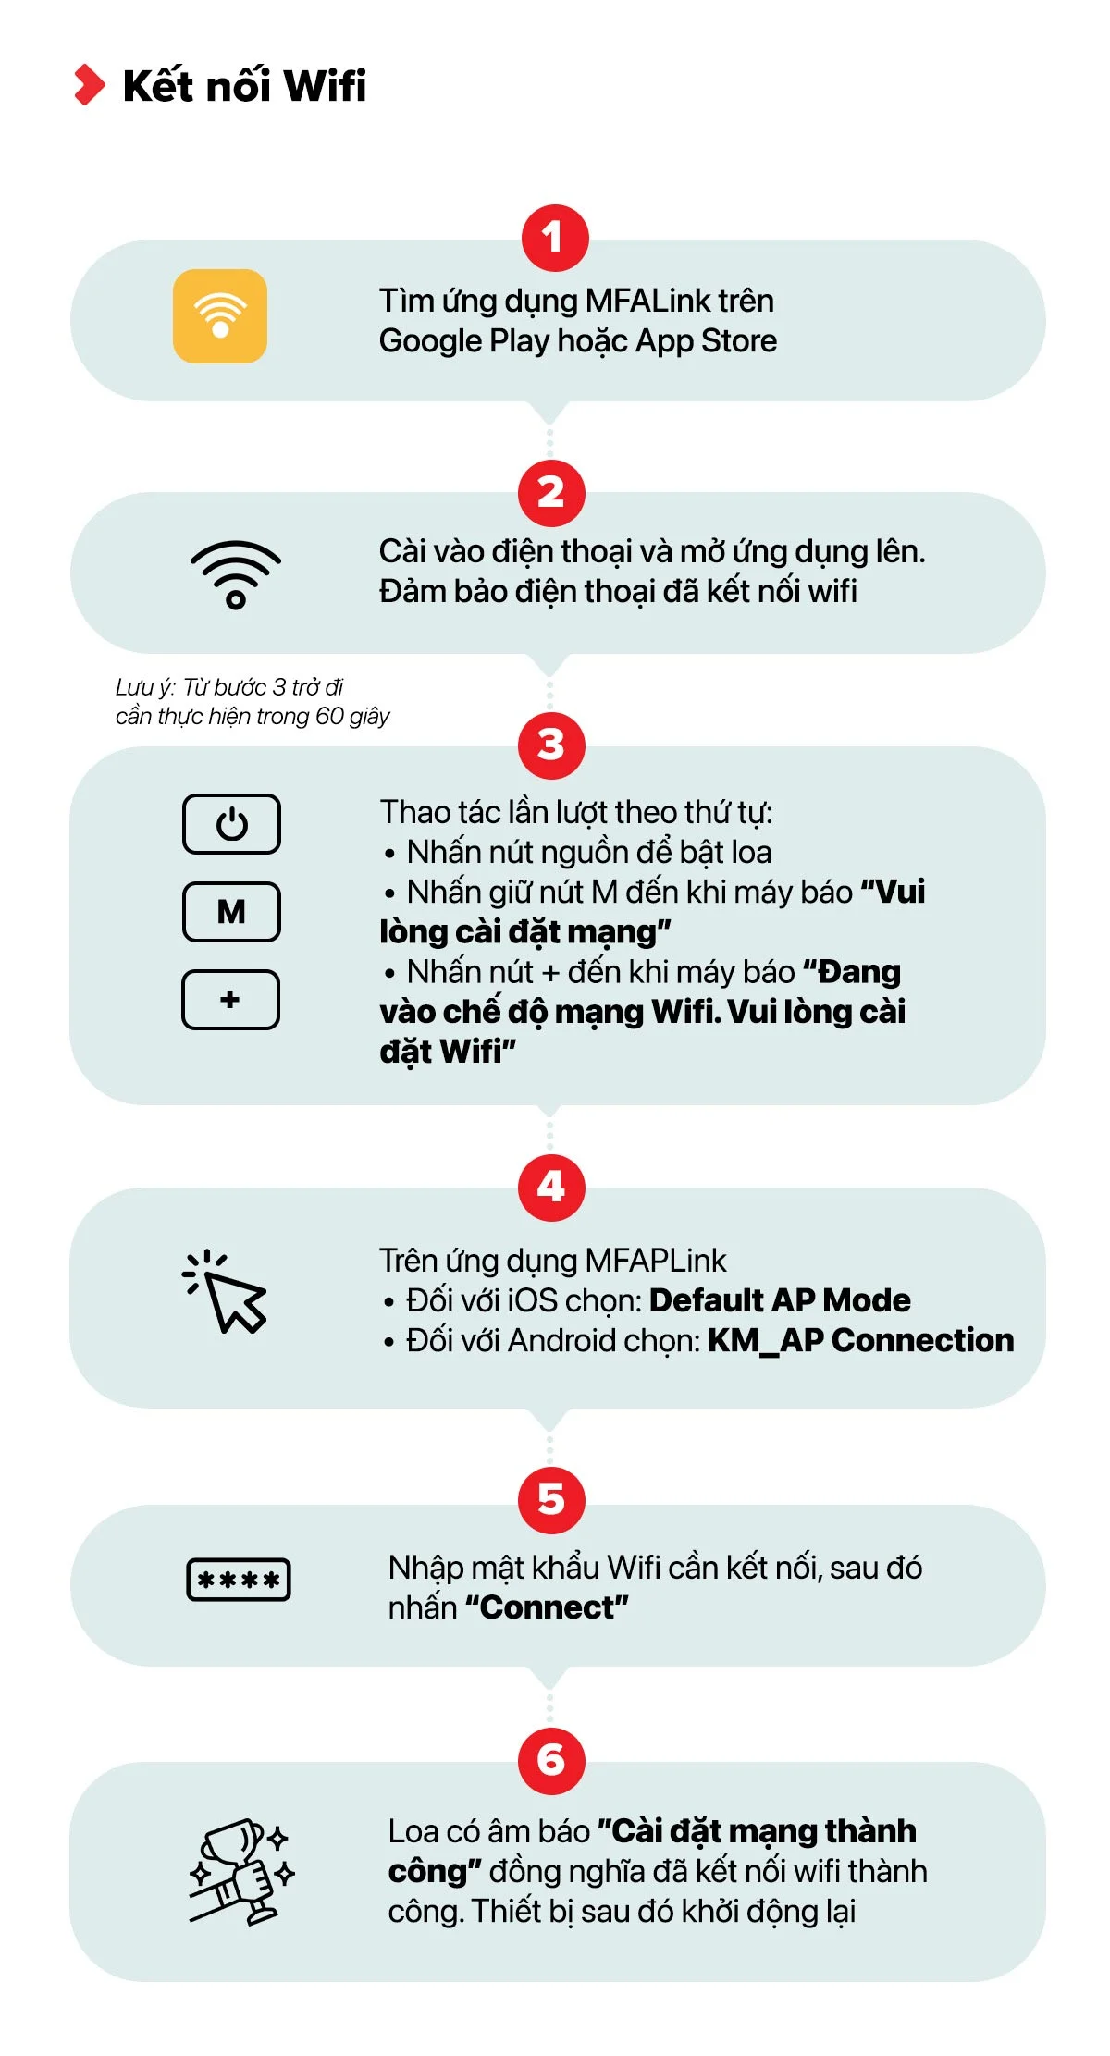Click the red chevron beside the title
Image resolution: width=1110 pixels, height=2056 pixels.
click(90, 85)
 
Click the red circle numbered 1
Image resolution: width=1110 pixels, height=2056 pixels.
click(555, 238)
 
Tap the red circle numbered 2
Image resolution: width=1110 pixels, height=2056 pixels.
click(551, 492)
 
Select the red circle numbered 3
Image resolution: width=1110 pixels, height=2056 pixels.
click(551, 745)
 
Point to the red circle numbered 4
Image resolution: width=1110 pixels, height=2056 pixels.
click(551, 1187)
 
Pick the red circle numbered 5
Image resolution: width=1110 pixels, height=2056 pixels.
click(551, 1499)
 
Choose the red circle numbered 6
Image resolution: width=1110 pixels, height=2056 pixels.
click(551, 1760)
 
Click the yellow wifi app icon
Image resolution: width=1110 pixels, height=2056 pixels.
click(220, 315)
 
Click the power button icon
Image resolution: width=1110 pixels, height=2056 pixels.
click(231, 823)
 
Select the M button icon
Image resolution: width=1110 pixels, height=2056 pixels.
click(231, 912)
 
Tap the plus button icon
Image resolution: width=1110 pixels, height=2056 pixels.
click(230, 1000)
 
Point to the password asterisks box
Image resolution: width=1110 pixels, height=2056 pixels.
click(239, 1580)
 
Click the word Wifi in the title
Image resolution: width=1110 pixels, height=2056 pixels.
click(325, 85)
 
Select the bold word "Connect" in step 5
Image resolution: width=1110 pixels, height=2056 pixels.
click(547, 1608)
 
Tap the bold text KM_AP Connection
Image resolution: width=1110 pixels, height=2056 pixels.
click(860, 1340)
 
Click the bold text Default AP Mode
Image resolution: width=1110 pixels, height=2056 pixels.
click(780, 1300)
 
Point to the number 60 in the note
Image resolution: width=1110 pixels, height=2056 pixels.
click(329, 716)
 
